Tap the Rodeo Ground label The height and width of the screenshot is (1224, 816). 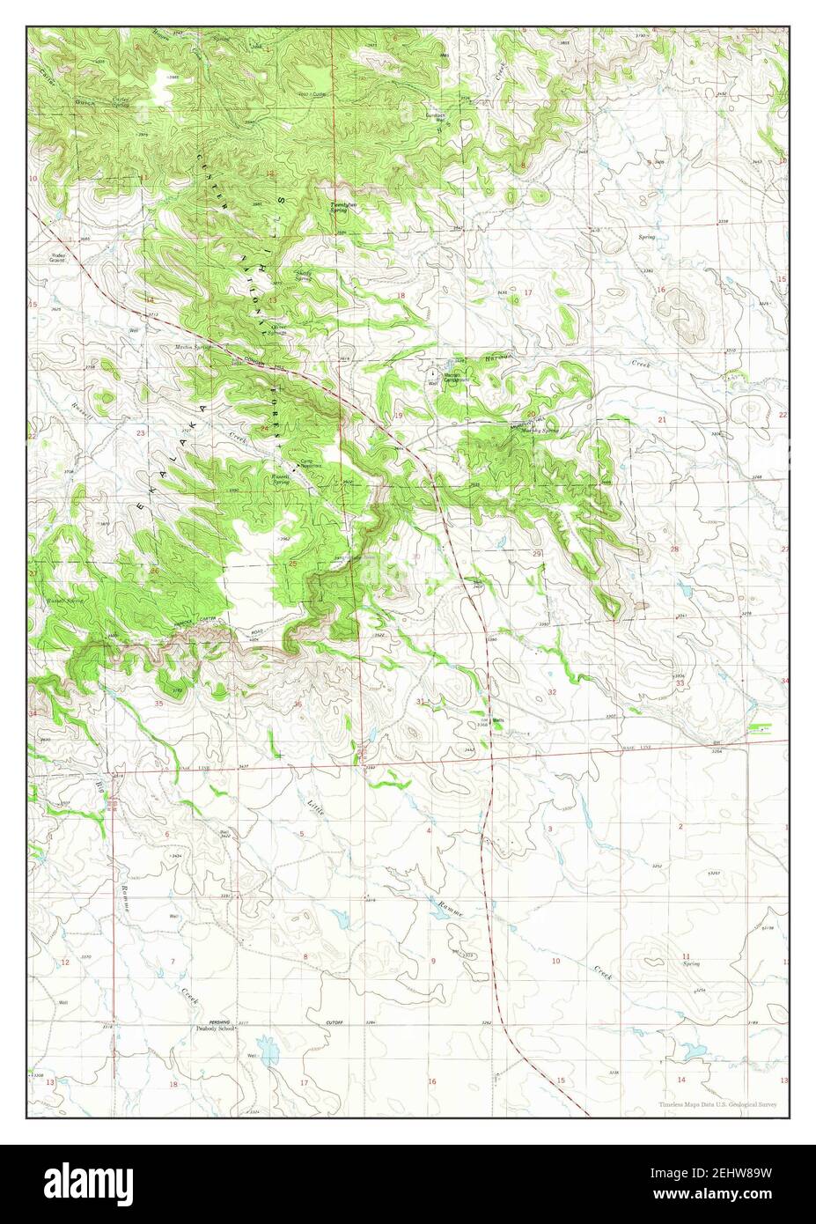(x=57, y=258)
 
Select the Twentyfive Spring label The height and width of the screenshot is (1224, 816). (x=343, y=199)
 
